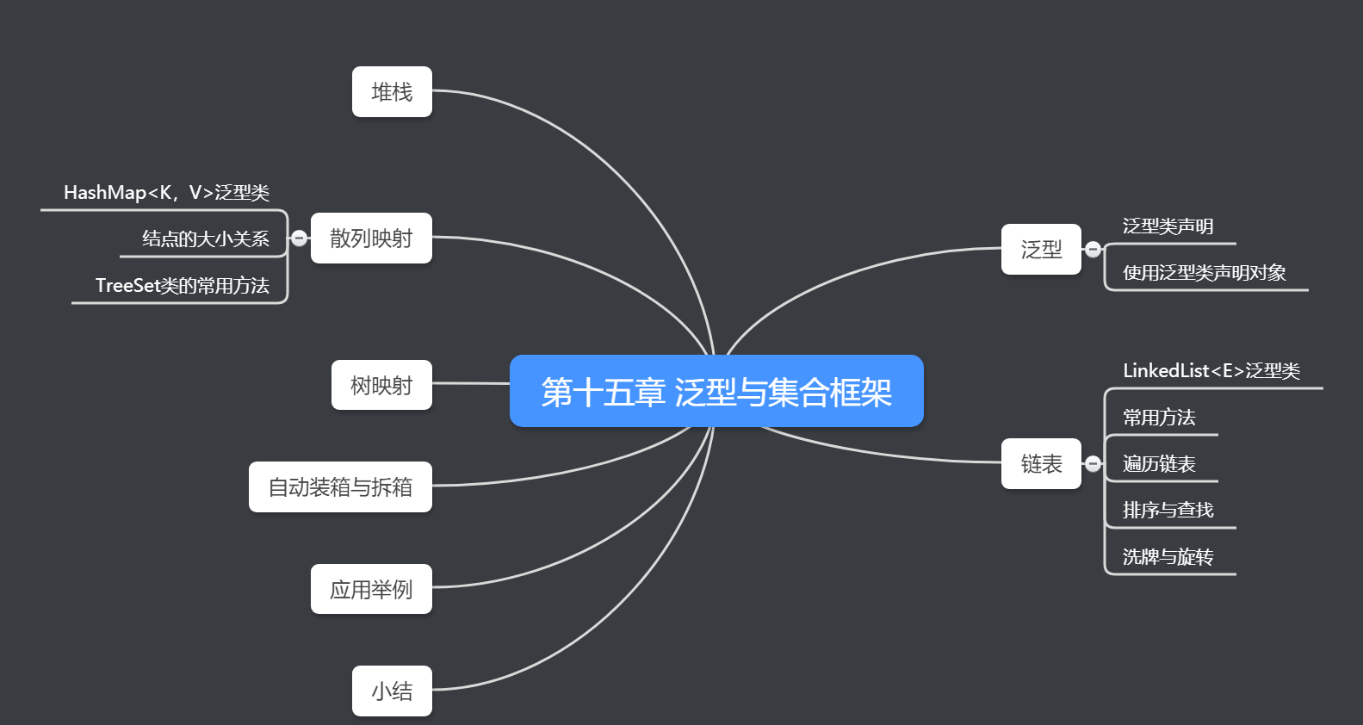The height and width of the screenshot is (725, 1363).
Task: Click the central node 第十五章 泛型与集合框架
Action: coord(716,391)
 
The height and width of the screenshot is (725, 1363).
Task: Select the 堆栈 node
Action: coord(392,91)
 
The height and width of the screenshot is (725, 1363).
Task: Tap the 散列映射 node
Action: coord(371,238)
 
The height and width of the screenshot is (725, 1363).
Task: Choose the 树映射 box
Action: coord(381,385)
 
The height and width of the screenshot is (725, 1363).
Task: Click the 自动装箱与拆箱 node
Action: coord(340,486)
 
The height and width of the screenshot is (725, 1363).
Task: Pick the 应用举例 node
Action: coord(371,589)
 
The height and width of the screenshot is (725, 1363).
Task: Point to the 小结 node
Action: coord(392,691)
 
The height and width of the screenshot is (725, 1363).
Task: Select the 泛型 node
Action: coord(1041,249)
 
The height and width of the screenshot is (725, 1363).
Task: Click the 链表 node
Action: coord(1041,464)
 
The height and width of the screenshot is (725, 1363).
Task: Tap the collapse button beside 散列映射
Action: coord(299,238)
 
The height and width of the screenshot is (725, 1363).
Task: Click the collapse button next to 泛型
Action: coord(1093,249)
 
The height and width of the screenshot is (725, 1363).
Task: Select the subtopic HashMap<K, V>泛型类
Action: coord(166,192)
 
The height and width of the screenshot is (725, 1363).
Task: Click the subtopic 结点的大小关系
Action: coord(205,239)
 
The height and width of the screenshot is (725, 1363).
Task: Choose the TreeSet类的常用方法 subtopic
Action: coord(182,285)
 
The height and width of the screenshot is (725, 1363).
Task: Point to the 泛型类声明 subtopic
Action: coord(1168,226)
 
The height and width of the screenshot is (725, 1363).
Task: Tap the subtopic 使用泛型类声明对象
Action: coord(1204,273)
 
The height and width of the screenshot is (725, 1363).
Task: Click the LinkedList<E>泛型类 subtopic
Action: coord(1211,371)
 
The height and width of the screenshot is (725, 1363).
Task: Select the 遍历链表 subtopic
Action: coord(1159,464)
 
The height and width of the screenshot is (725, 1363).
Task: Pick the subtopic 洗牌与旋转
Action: coord(1168,557)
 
